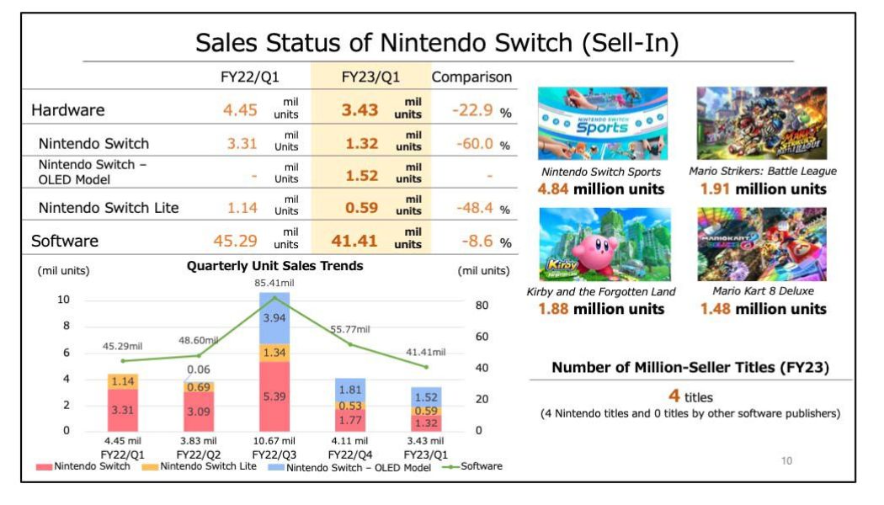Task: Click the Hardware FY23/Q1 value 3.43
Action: pyautogui.click(x=361, y=109)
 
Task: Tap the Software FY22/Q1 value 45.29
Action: pyautogui.click(x=235, y=241)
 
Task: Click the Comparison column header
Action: pyautogui.click(x=471, y=77)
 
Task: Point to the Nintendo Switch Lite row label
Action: pyautogui.click(x=109, y=208)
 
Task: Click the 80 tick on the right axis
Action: pyautogui.click(x=482, y=306)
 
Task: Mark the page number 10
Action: pyautogui.click(x=786, y=460)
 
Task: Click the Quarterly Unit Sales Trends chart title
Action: pyautogui.click(x=274, y=266)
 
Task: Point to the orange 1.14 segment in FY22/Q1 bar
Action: pyautogui.click(x=123, y=381)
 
